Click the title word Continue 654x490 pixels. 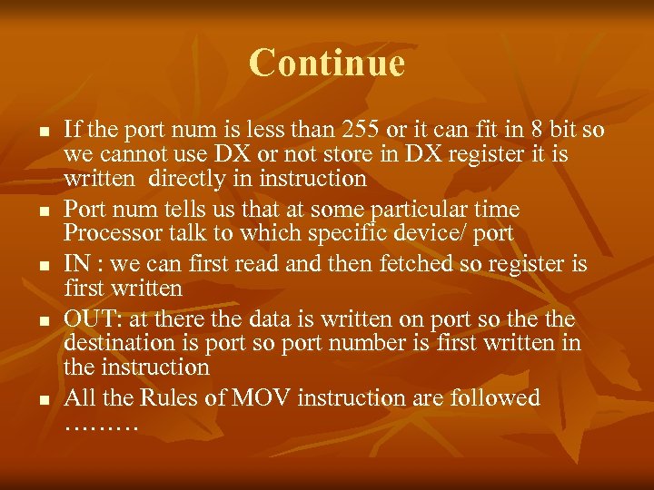[326, 63]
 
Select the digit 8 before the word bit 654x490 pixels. [535, 132]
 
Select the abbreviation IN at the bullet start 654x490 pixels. [75, 264]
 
